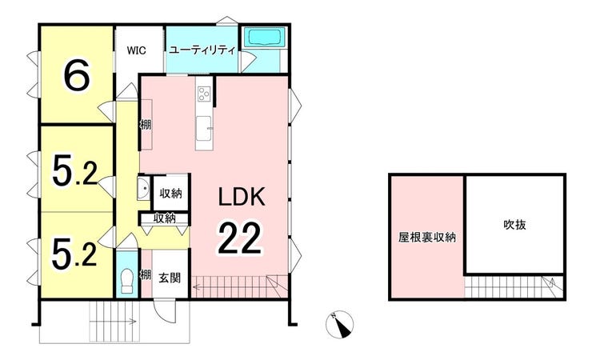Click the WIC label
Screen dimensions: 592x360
point(136,50)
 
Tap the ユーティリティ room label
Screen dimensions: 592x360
point(202,50)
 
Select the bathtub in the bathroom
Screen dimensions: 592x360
point(264,38)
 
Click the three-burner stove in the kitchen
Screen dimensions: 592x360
point(204,94)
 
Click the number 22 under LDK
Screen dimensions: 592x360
point(239,238)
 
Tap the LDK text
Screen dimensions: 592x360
point(242,196)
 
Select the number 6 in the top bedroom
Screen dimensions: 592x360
point(77,75)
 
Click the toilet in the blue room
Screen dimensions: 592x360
point(126,282)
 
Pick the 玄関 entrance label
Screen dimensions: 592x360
point(170,278)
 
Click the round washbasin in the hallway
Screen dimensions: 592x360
point(144,188)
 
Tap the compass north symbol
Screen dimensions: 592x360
point(339,325)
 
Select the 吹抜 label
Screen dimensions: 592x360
point(514,225)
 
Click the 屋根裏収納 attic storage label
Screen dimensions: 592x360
point(427,237)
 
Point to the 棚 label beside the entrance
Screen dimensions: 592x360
point(146,274)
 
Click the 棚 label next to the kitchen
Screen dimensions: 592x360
point(146,124)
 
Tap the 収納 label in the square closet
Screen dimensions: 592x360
point(171,194)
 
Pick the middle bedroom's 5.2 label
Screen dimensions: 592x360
point(74,172)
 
